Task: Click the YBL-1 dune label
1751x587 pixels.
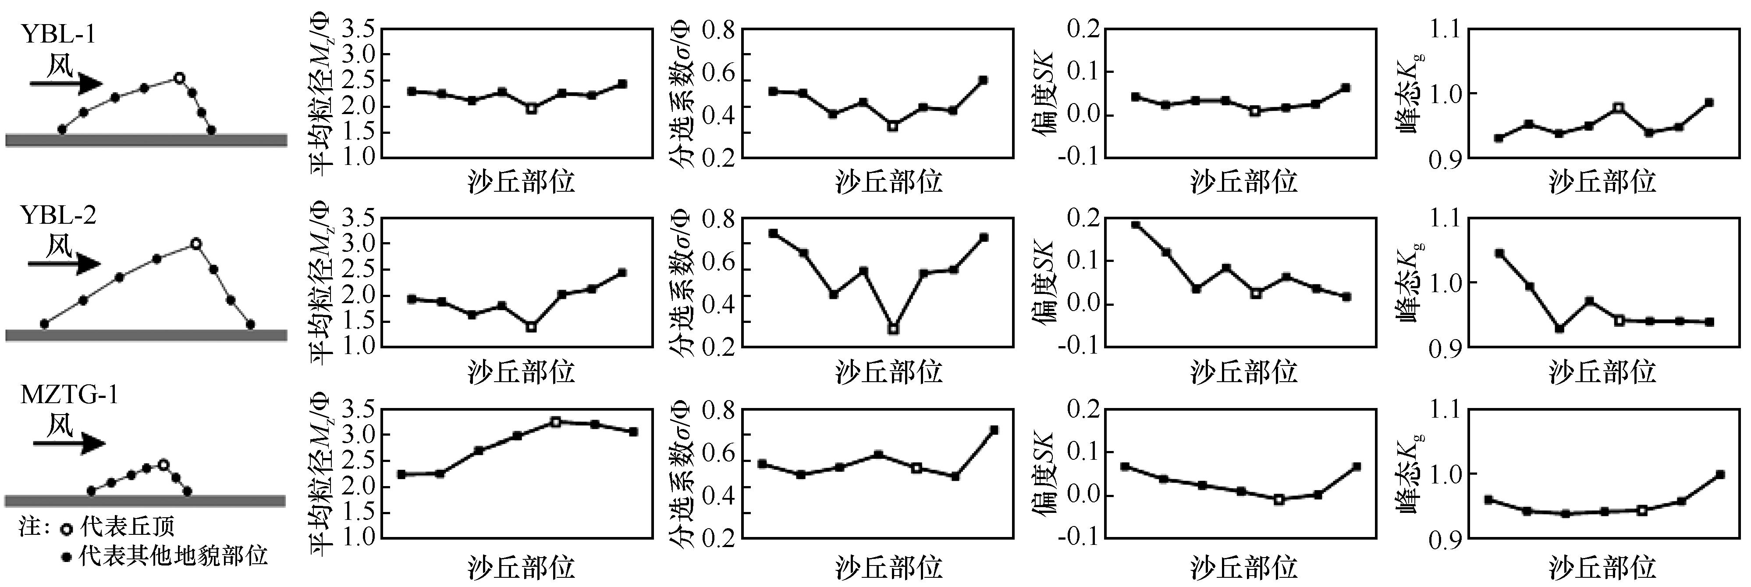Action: (x=58, y=34)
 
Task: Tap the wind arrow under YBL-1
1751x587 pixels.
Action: (x=65, y=84)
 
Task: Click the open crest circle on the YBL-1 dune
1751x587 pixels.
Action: (x=179, y=78)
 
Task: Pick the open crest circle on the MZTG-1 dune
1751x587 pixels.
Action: (x=163, y=465)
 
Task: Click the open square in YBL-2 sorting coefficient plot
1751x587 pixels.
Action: (x=893, y=329)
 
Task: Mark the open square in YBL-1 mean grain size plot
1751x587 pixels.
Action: (x=532, y=108)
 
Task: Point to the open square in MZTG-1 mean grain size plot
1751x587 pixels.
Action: (x=555, y=422)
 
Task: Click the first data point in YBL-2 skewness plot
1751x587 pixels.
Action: (x=1135, y=225)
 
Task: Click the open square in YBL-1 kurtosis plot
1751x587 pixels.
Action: (x=1619, y=107)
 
